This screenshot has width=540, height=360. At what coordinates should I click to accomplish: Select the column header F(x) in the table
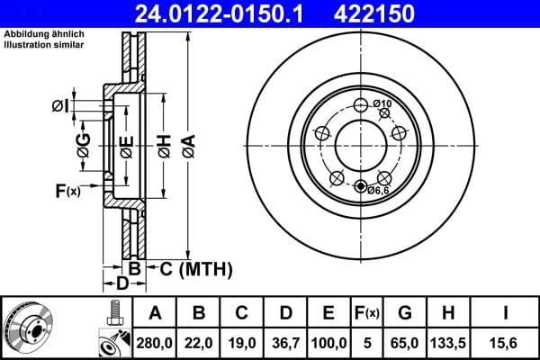point(366,313)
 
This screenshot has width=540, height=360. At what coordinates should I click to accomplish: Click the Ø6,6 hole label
point(378,189)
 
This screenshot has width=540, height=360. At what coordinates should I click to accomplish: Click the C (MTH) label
point(196,268)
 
